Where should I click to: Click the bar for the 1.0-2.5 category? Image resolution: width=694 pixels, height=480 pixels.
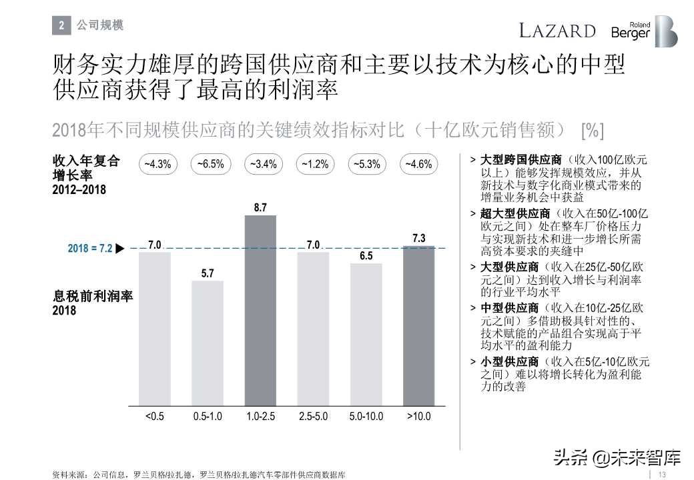click(260, 311)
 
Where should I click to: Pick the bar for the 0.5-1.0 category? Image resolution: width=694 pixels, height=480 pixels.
click(208, 343)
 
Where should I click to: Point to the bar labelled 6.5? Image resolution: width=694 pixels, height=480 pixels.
click(366, 334)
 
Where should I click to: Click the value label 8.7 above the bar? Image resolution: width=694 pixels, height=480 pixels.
click(260, 208)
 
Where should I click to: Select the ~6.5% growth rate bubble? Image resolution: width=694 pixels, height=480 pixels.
click(208, 164)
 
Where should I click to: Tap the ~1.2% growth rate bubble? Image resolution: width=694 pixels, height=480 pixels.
click(314, 164)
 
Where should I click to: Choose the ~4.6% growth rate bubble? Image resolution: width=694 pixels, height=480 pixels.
click(419, 164)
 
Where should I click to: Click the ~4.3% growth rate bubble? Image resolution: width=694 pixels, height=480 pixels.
click(155, 164)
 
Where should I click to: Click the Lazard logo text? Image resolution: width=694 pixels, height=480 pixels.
click(557, 31)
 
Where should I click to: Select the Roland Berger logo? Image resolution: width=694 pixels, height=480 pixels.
click(643, 31)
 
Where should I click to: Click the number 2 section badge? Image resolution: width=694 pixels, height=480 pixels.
click(61, 26)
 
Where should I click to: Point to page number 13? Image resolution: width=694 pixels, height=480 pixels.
click(663, 474)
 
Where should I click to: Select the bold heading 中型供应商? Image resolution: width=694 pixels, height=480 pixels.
click(509, 308)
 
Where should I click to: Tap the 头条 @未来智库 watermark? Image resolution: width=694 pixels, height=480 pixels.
click(616, 458)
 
